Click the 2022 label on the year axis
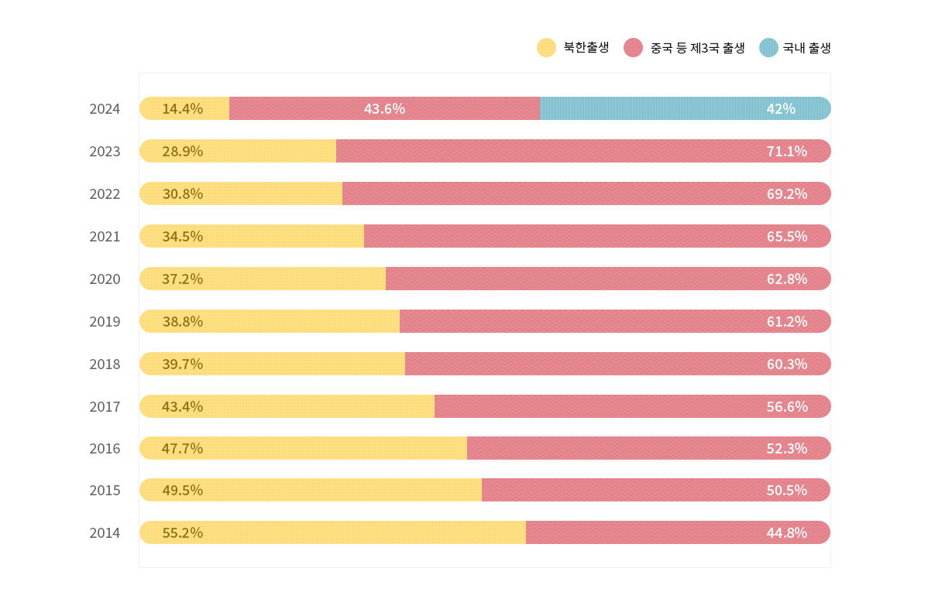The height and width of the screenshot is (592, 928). [x=105, y=193]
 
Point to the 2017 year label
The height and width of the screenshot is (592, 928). [x=105, y=406]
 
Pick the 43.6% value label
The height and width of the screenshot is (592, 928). [x=384, y=108]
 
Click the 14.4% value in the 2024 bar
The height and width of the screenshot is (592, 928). [x=182, y=108]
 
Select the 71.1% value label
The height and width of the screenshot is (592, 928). [x=787, y=151]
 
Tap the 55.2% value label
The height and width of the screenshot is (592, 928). [x=182, y=532]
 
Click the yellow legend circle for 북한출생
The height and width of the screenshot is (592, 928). [x=546, y=48]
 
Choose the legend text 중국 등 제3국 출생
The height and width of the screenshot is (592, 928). [x=697, y=48]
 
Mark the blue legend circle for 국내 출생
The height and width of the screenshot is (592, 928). [x=768, y=48]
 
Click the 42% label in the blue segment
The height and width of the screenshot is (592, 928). [x=781, y=108]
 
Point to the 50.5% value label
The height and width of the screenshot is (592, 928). [x=787, y=490]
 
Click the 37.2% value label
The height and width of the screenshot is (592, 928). [x=182, y=279]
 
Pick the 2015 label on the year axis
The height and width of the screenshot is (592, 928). [x=105, y=490]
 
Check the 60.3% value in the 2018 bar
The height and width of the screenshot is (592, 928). [x=787, y=364]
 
